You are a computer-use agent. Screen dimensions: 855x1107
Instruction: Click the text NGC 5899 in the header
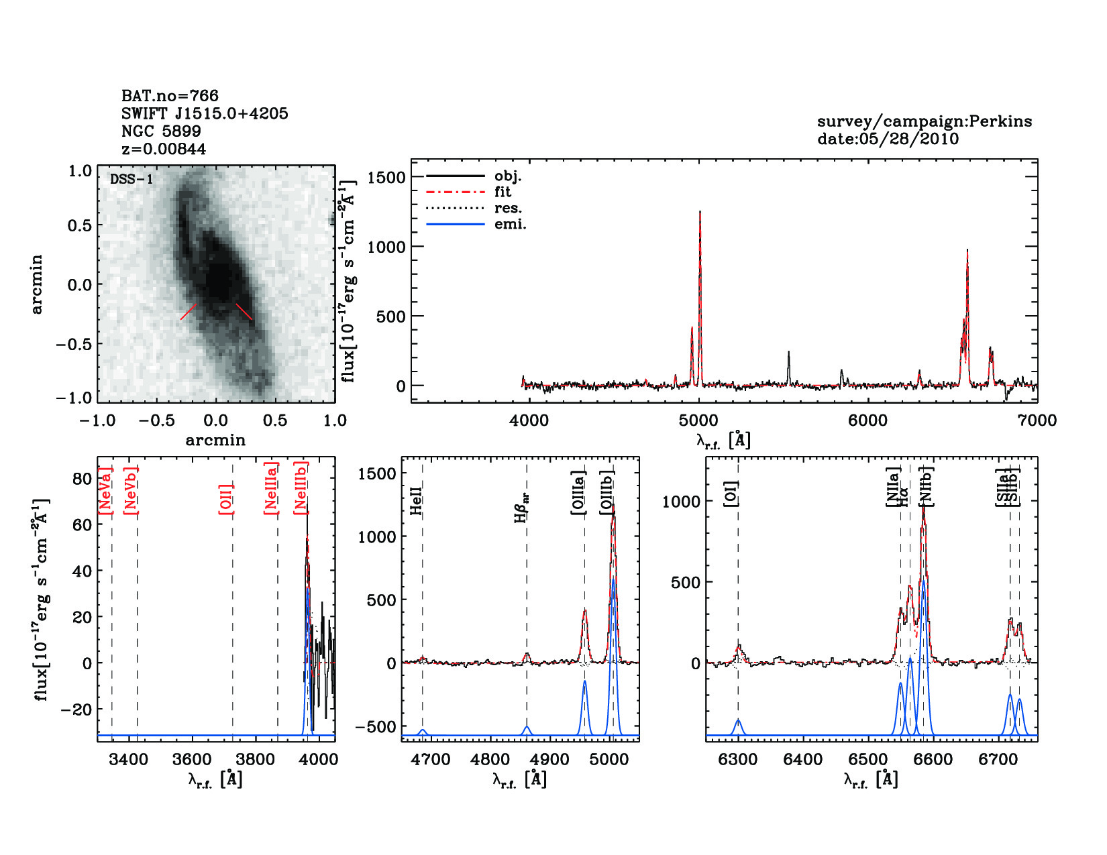click(161, 131)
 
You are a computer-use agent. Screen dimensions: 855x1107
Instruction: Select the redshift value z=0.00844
click(164, 149)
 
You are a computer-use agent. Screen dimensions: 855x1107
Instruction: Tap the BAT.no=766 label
click(170, 96)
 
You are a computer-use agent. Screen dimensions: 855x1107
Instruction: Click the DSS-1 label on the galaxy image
click(131, 179)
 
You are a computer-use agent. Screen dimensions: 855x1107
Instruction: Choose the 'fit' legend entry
click(503, 192)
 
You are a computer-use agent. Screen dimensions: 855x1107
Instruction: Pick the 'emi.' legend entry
click(510, 224)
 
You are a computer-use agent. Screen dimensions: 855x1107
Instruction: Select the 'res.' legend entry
click(508, 208)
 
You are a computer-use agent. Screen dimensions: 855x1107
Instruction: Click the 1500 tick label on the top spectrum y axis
click(386, 177)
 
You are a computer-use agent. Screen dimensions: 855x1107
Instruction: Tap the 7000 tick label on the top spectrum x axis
click(1037, 421)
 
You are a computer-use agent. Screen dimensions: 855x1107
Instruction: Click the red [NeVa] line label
click(105, 490)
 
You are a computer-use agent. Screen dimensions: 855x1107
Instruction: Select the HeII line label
click(417, 501)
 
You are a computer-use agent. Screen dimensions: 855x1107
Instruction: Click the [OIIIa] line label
click(578, 492)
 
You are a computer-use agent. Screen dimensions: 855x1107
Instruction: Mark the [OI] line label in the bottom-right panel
click(731, 494)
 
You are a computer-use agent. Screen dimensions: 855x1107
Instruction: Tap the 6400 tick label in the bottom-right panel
click(803, 760)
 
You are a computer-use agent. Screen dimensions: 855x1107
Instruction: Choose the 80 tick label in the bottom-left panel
click(82, 479)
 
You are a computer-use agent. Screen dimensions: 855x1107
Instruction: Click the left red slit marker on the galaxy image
click(189, 312)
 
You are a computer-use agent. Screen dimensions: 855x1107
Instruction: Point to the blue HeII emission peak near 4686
click(423, 730)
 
